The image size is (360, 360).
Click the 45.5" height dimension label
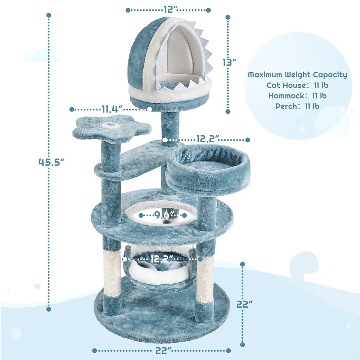coord(51,162)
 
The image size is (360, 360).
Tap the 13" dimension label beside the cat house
coord(229,62)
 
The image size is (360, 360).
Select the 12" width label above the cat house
coord(168,10)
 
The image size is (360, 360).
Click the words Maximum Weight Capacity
coord(297,75)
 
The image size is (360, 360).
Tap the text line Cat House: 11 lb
coord(297,85)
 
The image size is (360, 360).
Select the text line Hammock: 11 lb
coord(297,96)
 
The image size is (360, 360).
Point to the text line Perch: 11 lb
coord(297,106)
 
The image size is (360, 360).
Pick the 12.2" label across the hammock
coord(162,258)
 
